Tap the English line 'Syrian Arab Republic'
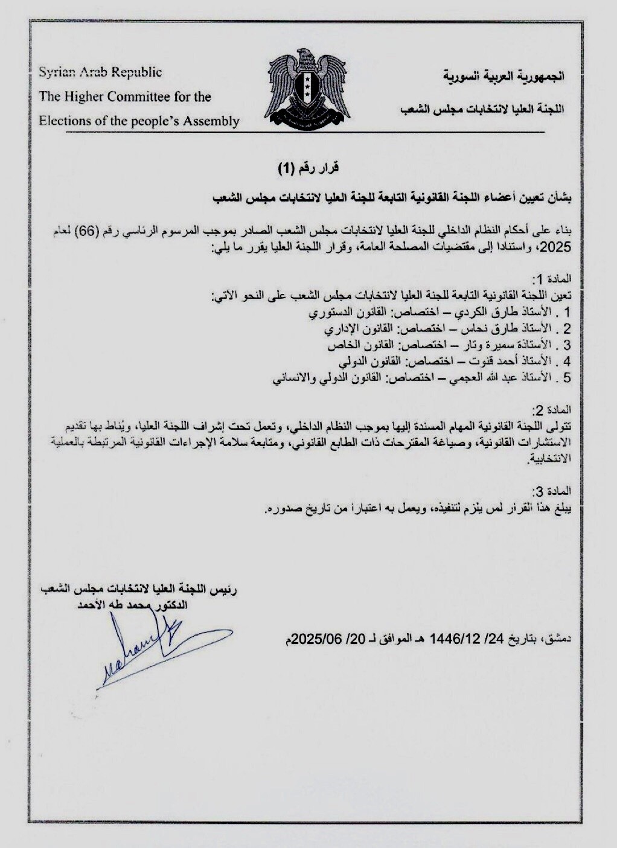(100, 72)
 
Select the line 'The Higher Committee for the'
(125, 97)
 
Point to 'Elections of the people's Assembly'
(139, 121)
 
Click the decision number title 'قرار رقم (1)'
(308, 169)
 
